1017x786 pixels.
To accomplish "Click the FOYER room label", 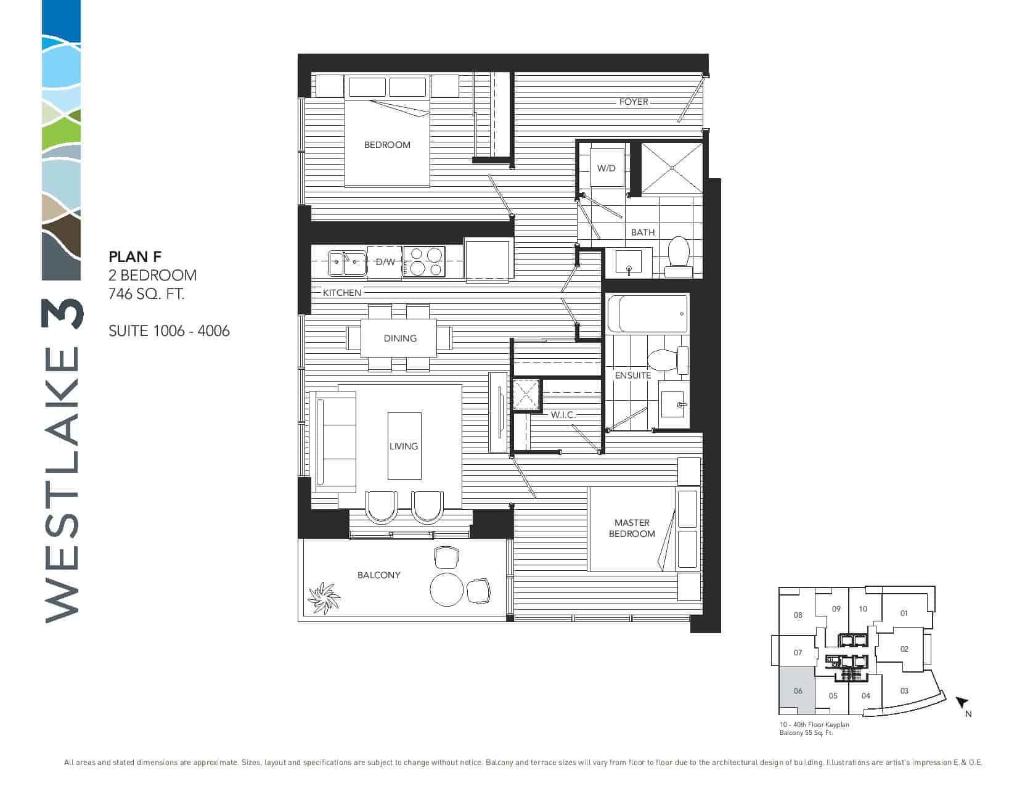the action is coord(633,102).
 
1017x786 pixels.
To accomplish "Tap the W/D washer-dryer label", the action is coord(606,168).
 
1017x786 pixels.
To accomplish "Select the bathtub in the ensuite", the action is coord(648,314).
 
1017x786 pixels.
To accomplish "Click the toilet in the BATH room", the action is coord(678,257).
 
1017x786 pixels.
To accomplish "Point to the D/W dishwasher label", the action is coord(385,262).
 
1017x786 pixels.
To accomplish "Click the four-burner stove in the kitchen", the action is coord(424,261).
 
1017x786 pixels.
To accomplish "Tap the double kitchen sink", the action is coord(347,264).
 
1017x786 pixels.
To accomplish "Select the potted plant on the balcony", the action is coord(323,598).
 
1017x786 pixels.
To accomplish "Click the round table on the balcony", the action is coord(446,589).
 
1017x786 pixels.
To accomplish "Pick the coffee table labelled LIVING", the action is coord(404,446).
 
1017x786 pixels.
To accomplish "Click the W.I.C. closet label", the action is coord(563,415).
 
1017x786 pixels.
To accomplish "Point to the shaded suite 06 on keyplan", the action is coord(798,691).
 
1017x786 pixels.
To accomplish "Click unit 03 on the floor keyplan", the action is coord(904,691).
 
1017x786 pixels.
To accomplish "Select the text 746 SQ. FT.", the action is coord(147,294).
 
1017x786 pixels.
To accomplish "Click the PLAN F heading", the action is coord(135,256).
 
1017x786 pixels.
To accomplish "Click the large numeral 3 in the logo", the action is coord(63,314).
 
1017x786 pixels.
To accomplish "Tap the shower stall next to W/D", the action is coord(672,168).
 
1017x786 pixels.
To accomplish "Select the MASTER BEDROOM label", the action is coord(632,528).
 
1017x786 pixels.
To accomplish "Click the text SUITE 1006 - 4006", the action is coord(169,331).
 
